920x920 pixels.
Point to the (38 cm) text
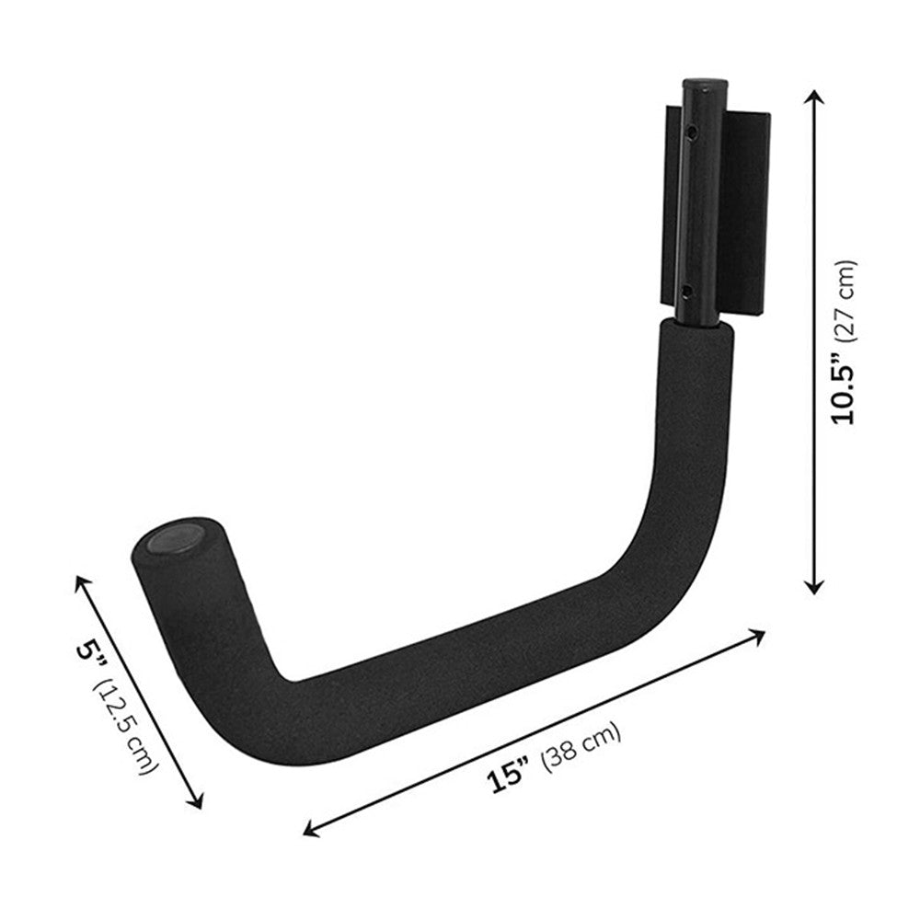pos(582,744)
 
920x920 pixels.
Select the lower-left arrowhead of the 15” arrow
pos(309,832)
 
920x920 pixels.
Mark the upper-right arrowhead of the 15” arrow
pos(759,633)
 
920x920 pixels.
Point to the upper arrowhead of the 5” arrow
pos(81,581)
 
